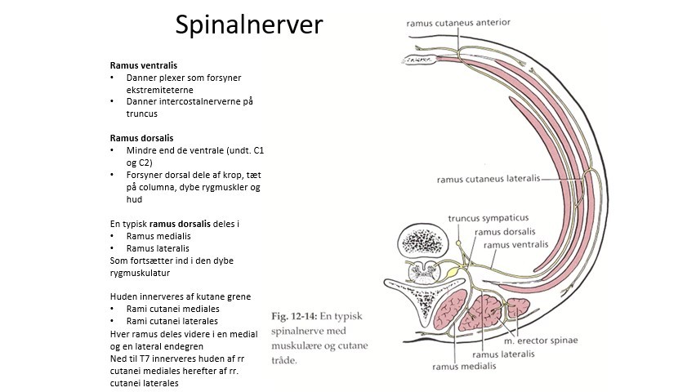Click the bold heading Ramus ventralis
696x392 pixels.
point(144,65)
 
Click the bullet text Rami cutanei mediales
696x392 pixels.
point(172,309)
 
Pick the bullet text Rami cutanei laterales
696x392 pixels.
point(172,321)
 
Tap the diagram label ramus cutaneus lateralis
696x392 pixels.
point(487,179)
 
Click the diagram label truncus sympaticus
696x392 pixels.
point(489,218)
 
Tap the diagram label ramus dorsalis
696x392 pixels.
point(511,231)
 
